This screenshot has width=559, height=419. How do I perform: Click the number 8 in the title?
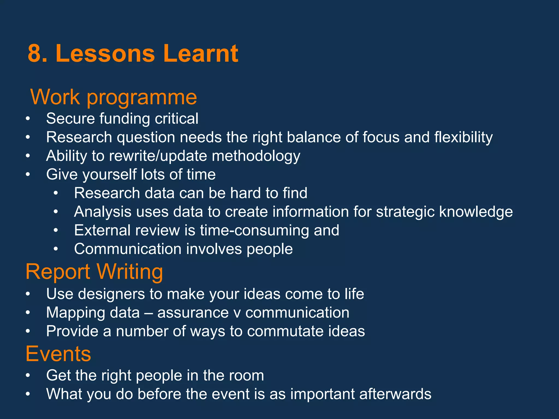coord(36,53)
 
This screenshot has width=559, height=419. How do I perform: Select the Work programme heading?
coord(114,97)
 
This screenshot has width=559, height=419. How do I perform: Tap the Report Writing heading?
coord(94,272)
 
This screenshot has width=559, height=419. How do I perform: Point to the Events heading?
coord(58,354)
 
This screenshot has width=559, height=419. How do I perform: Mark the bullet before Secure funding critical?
coord(28,119)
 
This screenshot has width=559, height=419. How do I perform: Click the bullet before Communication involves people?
coord(56,249)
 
